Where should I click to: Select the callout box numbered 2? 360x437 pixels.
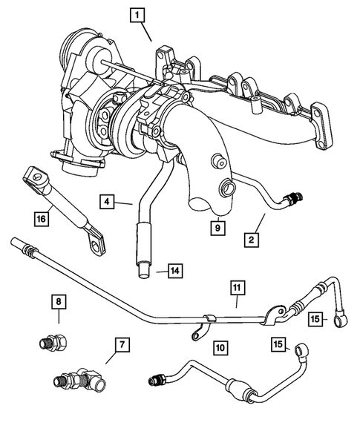click(x=252, y=240)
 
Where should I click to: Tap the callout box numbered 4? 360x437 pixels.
click(x=108, y=201)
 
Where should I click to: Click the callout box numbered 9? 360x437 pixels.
click(x=217, y=229)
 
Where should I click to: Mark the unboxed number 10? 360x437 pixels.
click(x=219, y=347)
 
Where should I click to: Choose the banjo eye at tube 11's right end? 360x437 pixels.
click(x=342, y=321)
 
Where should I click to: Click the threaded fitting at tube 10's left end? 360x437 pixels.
click(x=157, y=381)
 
